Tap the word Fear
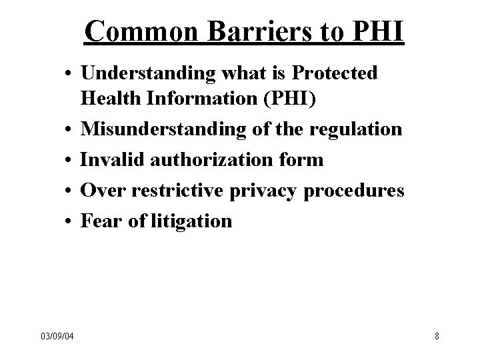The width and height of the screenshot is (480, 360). (x=99, y=221)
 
